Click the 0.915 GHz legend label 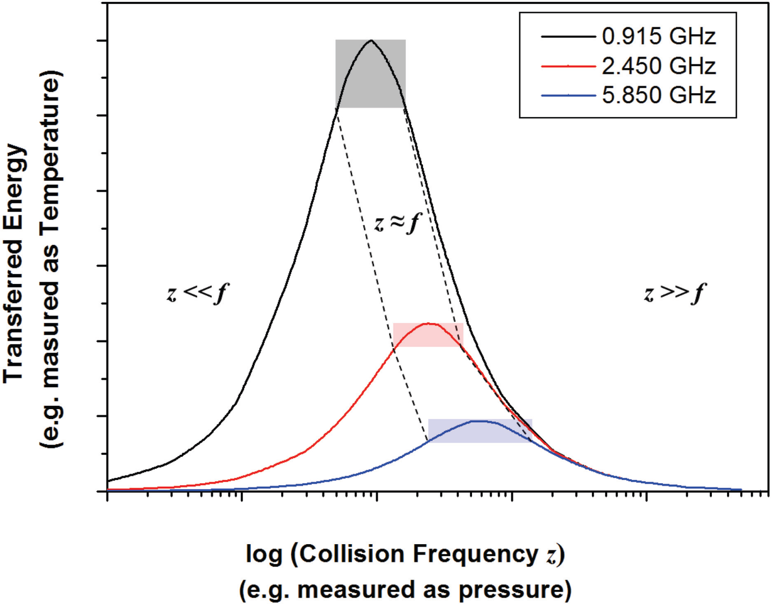click(x=659, y=37)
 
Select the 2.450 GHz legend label click(x=659, y=66)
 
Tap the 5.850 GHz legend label click(x=659, y=95)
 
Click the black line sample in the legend click(x=568, y=37)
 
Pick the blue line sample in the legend click(x=568, y=95)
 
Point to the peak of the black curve click(x=371, y=41)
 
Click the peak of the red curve click(x=428, y=323)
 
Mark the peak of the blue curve click(x=480, y=421)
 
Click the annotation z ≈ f click(x=397, y=224)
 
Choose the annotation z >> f click(x=674, y=294)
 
